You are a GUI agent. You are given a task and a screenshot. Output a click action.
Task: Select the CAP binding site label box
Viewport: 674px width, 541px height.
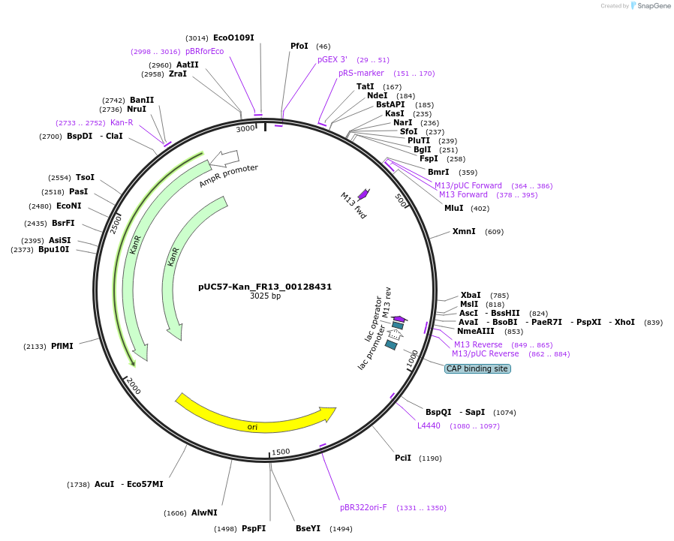tap(477, 368)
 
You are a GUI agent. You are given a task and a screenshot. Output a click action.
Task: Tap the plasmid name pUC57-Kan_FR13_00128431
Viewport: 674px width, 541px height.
tap(265, 287)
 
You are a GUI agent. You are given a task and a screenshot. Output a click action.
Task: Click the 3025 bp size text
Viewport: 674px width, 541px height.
tap(265, 296)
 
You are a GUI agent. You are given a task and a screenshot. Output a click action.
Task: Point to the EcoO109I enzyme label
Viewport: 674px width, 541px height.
tap(233, 38)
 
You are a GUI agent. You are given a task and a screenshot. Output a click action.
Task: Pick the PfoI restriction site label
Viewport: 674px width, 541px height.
tap(299, 47)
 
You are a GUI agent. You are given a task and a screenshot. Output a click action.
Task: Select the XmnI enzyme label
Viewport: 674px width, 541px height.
tap(464, 231)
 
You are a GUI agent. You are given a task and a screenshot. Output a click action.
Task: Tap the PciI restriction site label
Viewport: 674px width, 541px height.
tap(403, 458)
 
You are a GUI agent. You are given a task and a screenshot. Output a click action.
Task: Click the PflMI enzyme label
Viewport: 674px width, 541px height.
tap(62, 347)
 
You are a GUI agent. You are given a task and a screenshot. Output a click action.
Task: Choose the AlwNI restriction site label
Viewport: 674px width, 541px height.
tap(204, 512)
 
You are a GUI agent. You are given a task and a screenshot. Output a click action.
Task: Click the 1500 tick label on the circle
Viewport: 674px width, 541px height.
tap(281, 452)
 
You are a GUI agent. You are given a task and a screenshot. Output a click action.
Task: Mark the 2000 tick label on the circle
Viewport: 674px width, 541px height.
tap(133, 386)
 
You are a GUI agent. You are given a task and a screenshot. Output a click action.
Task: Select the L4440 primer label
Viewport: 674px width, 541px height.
tap(429, 425)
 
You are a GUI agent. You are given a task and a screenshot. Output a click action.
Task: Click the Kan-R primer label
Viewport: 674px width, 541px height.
tap(122, 122)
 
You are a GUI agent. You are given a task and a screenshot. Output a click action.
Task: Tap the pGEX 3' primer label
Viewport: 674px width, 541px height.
tap(332, 59)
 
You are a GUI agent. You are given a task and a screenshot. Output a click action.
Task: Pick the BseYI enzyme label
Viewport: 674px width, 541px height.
tap(308, 528)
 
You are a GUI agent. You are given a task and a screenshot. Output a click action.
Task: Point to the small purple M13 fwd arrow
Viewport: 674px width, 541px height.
tap(363, 194)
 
